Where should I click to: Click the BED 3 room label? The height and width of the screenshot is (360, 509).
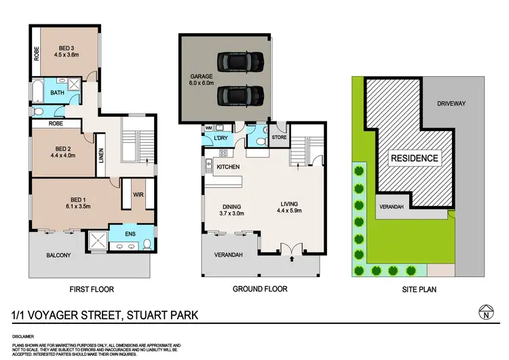tap(66, 48)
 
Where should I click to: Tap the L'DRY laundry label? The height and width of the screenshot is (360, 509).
tap(220, 139)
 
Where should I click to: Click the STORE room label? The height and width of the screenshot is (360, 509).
tap(278, 138)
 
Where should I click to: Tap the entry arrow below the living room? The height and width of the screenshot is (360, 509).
tap(293, 258)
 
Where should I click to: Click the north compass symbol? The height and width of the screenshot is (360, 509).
tap(485, 313)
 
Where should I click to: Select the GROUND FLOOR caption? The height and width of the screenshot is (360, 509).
tap(260, 289)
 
